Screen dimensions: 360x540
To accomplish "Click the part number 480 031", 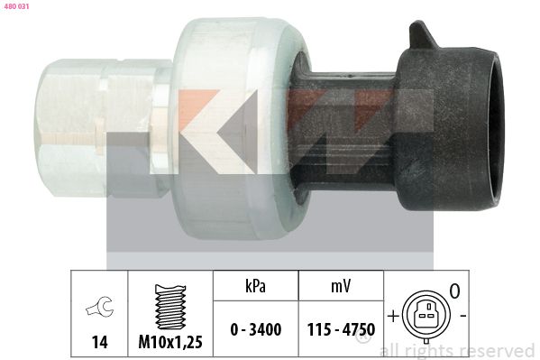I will tap(16, 8).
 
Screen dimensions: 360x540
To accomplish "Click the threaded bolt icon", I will tap(169, 308).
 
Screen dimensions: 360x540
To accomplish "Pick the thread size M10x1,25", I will tap(169, 344).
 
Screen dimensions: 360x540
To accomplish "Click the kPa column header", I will tap(254, 288).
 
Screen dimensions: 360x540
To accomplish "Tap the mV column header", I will tap(340, 288).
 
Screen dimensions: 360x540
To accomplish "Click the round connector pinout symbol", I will tap(424, 316).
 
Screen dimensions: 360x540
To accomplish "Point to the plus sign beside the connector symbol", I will tap(393, 316).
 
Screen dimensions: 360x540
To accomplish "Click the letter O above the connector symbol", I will tap(455, 291).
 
